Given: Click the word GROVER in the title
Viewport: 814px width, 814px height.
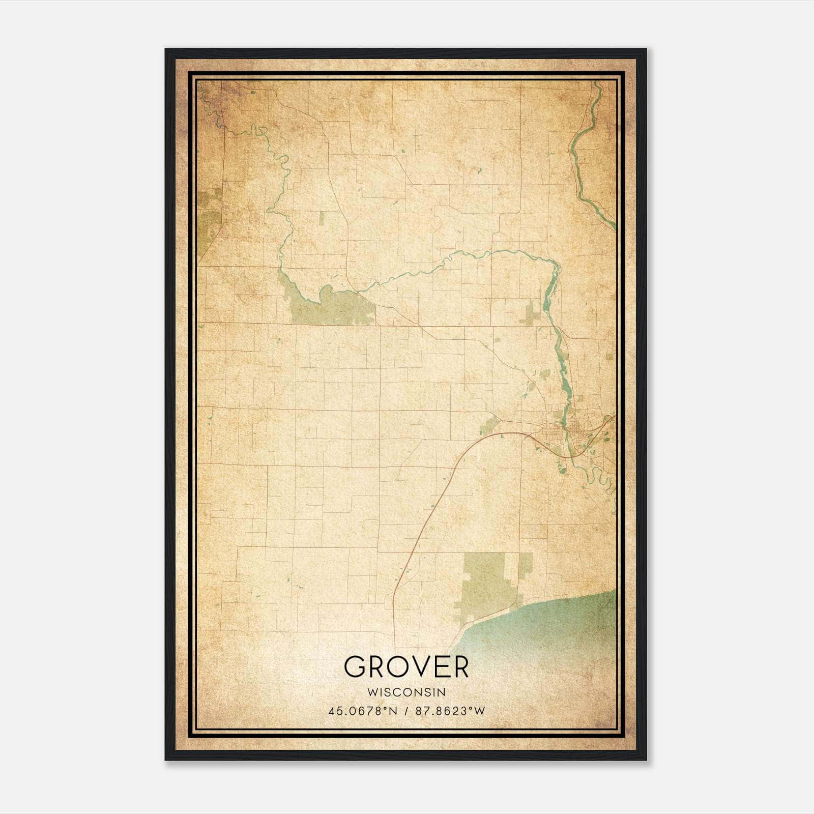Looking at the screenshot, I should click(x=406, y=667).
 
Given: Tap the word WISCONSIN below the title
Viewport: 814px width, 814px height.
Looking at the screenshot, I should click(x=406, y=692).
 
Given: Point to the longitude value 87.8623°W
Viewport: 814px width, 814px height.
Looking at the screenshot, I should click(x=450, y=711).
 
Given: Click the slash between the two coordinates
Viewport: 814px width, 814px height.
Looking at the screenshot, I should click(x=405, y=711).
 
